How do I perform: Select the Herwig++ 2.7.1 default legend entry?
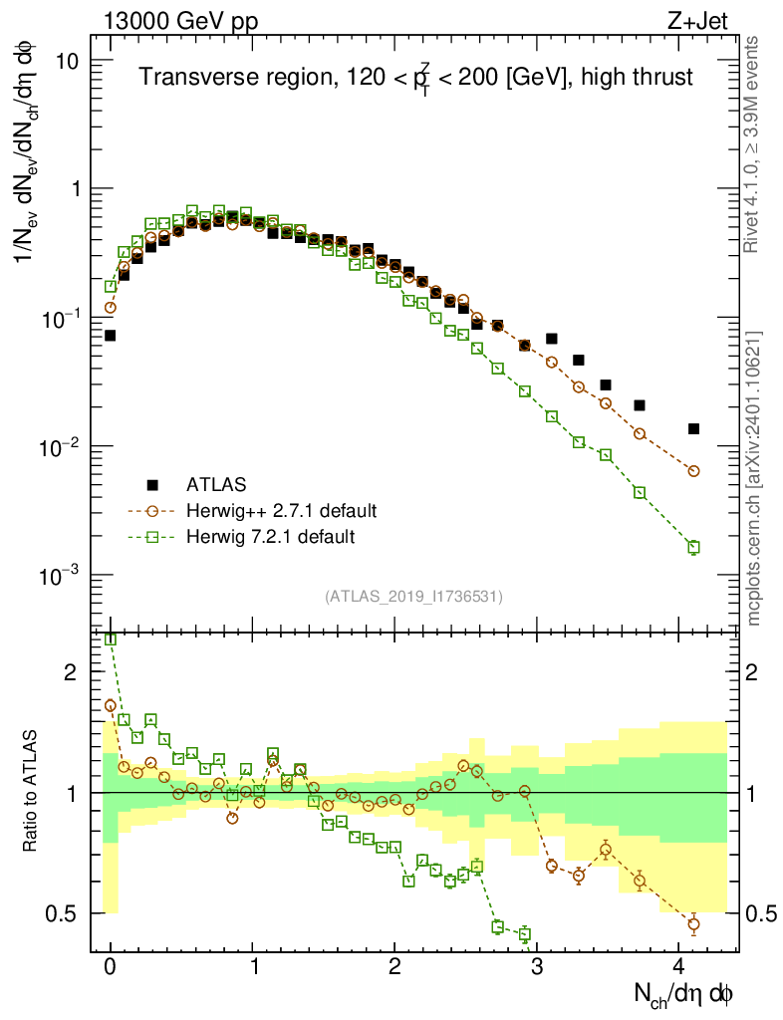281,511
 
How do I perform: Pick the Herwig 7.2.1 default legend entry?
270,537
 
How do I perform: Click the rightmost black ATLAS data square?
693,428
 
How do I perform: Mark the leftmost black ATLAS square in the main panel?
111,336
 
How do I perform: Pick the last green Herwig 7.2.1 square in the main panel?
693,547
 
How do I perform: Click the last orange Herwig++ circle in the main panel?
693,471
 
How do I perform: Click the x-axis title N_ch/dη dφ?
684,992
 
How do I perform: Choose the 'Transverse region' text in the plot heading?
206,77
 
